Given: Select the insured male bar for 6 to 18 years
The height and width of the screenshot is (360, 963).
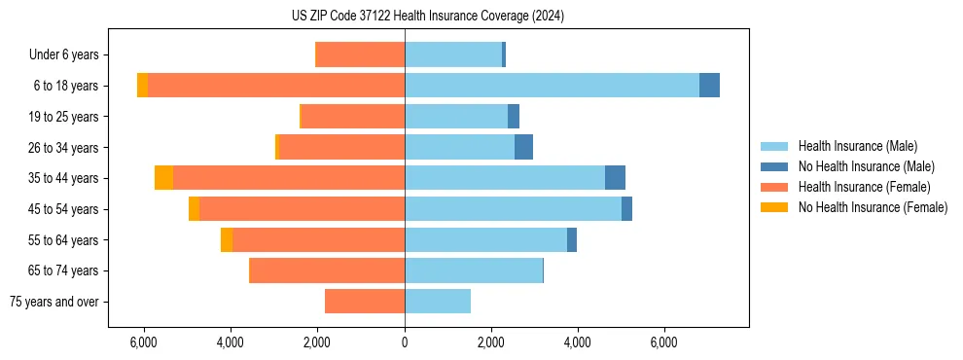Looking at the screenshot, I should pos(552,86).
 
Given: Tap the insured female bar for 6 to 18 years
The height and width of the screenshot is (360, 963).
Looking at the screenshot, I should pos(276,86).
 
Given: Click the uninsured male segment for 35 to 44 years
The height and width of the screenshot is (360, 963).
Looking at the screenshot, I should pos(615,178).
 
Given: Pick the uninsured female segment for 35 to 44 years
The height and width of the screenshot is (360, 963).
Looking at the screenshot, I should pos(163,178).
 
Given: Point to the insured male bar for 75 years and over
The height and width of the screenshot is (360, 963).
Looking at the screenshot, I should pos(438,302).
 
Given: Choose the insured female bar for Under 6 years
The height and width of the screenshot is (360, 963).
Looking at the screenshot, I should pos(361,54).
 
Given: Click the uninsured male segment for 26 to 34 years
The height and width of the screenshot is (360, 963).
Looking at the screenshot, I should pos(523,147).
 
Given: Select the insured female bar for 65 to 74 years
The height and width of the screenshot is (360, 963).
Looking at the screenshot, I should pos(328,270).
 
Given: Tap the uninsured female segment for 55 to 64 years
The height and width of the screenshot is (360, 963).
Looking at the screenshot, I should pos(227,239).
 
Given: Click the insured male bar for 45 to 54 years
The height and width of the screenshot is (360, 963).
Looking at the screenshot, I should pos(513,209).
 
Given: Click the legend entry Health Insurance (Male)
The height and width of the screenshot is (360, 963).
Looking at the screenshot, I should pos(857,146).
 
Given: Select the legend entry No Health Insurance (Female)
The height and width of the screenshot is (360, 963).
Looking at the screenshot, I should pos(873,207).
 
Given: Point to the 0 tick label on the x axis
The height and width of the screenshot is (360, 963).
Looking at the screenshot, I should pos(405,342).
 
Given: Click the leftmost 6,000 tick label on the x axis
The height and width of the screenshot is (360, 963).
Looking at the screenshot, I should pos(143,342).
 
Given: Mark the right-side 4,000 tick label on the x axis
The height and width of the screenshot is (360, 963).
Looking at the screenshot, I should pos(578,342).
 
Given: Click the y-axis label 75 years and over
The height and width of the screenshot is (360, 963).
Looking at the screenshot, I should pos(53,302).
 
